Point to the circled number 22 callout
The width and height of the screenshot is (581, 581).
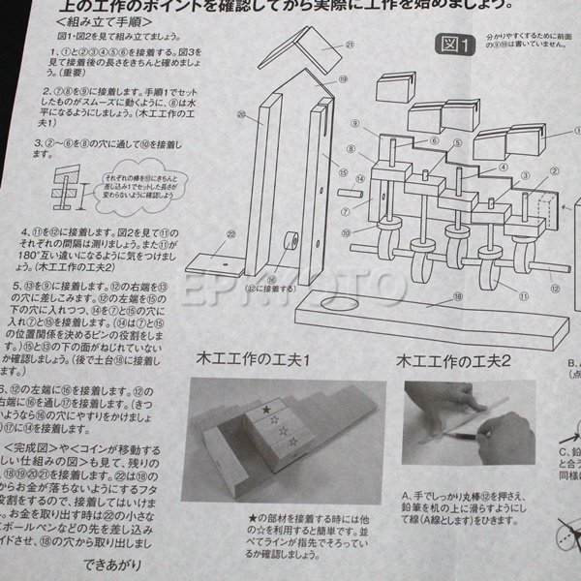tap(204, 233)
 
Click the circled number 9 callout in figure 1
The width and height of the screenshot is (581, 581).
tap(355, 125)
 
